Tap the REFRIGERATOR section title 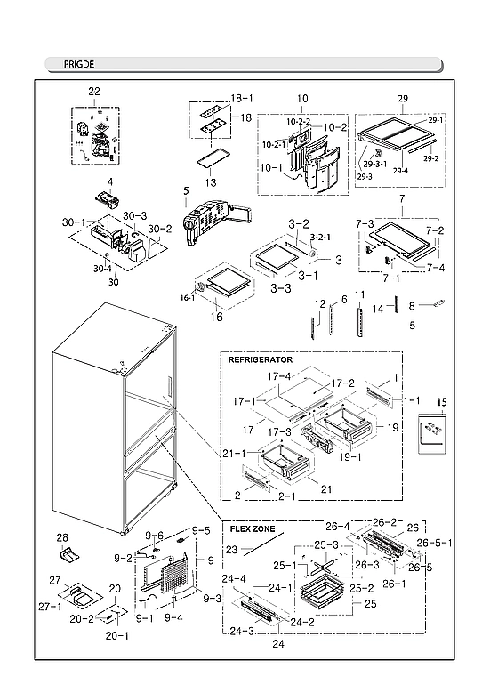pyautogui.click(x=261, y=359)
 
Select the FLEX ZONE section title pyautogui.click(x=253, y=528)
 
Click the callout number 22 pyautogui.click(x=93, y=92)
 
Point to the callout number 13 pyautogui.click(x=211, y=181)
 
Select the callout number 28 pyautogui.click(x=63, y=537)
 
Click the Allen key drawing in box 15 pyautogui.click(x=431, y=435)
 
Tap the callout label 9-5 pyautogui.click(x=200, y=531)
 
